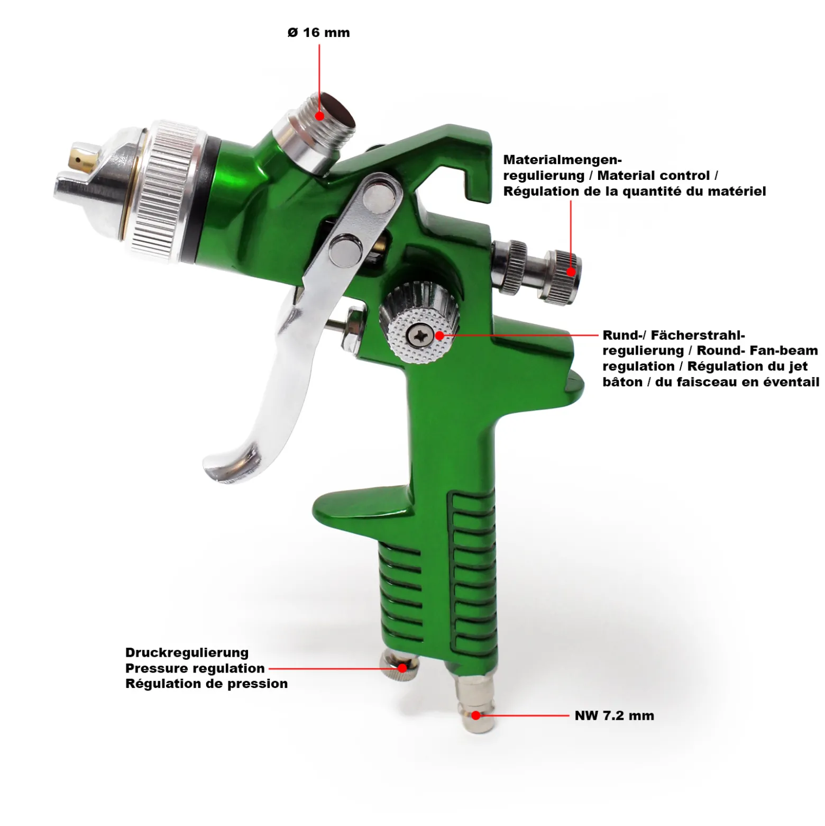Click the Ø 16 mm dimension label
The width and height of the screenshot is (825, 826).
click(x=318, y=33)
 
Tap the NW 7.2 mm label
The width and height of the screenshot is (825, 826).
click(x=615, y=715)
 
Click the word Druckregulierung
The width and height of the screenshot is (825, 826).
click(x=187, y=653)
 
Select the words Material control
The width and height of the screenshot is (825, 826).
click(x=654, y=175)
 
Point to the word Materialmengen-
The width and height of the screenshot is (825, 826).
click(x=563, y=160)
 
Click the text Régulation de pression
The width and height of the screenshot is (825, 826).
click(x=207, y=684)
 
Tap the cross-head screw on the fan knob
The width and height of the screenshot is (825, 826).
click(x=420, y=335)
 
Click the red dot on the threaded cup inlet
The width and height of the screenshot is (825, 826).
click(x=319, y=115)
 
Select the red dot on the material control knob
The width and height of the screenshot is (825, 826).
click(x=571, y=272)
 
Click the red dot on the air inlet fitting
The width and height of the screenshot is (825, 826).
click(x=476, y=715)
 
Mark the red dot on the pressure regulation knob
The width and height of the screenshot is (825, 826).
click(x=402, y=668)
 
